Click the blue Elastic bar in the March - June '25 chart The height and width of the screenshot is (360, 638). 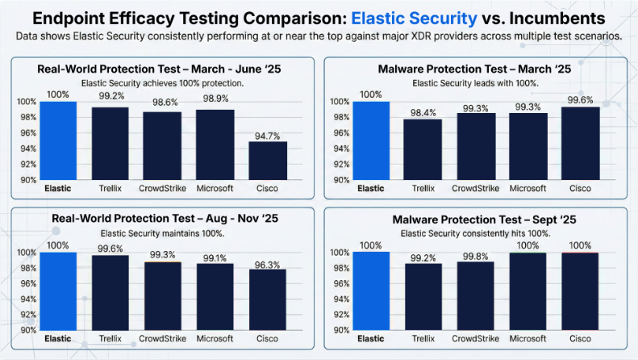point(58,140)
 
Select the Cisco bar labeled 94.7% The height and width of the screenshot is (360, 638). point(267,161)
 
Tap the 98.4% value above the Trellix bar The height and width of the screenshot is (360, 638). point(423,113)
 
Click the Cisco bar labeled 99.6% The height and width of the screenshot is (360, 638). point(580,143)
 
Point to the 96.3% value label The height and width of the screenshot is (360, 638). point(267,264)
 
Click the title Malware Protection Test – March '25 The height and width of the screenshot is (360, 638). point(482,69)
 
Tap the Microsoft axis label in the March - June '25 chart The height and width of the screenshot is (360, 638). point(215,188)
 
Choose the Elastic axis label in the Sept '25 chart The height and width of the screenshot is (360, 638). point(371,339)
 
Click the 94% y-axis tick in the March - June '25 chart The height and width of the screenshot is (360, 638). point(27,149)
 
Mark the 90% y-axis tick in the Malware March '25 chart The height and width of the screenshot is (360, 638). point(341,180)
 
